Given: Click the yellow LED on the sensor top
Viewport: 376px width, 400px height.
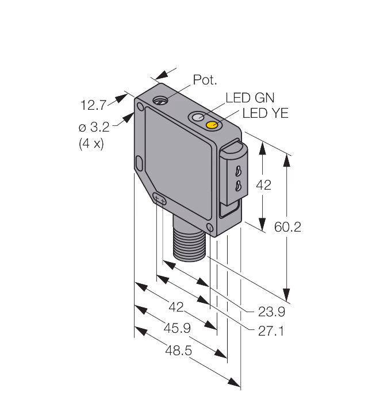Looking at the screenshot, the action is click(212, 125).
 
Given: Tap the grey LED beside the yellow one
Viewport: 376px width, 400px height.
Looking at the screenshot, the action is click(198, 117).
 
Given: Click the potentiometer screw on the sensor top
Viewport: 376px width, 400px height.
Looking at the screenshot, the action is click(160, 101).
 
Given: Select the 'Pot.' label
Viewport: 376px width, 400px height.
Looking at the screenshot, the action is click(205, 80).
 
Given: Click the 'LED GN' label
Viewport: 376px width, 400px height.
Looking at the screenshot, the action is click(250, 98).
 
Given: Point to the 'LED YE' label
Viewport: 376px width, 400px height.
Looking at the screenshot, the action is click(265, 113).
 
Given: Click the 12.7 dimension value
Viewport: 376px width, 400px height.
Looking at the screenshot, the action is click(93, 105).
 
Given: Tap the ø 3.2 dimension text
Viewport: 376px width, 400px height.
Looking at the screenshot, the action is click(94, 127).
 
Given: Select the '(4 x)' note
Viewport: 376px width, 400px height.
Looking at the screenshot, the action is click(91, 144).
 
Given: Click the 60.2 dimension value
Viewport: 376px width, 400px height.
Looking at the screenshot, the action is click(287, 227).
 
